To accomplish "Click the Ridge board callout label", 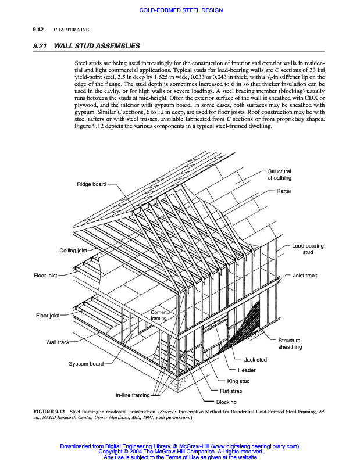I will click(x=91, y=184).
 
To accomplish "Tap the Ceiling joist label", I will click(x=73, y=251).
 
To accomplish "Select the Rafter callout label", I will click(x=284, y=191).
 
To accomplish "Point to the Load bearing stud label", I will click(x=308, y=249).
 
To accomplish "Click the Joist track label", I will click(x=305, y=276).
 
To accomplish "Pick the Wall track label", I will click(x=58, y=342).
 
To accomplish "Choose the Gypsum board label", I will click(x=85, y=364).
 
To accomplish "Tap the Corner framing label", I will click(x=159, y=316).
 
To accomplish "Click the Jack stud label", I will click(x=255, y=360).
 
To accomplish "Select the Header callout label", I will click(x=247, y=370).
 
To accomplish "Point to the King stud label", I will click(x=238, y=381).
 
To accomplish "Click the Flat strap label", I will click(x=231, y=391).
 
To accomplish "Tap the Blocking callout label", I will click(x=226, y=402).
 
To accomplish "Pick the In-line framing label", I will click(x=132, y=395).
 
